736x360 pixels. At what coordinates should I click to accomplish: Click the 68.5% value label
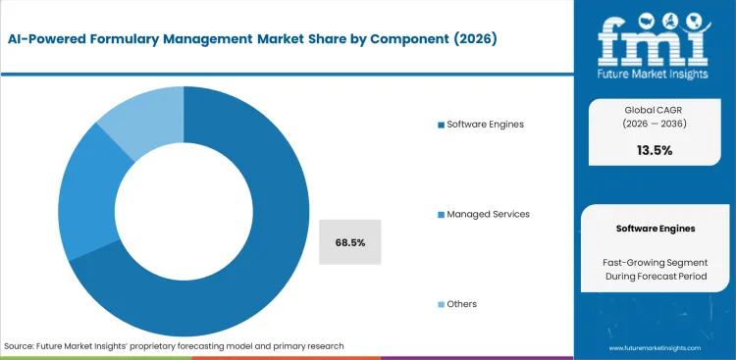point(351,241)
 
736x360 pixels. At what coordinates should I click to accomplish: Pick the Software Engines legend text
point(487,124)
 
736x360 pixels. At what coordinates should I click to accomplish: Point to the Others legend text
point(461,304)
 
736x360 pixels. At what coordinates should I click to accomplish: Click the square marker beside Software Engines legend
point(441,124)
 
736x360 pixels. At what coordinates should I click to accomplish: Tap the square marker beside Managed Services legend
point(441,214)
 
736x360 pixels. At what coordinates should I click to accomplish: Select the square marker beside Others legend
point(441,304)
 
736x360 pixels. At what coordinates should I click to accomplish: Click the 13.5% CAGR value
point(655,150)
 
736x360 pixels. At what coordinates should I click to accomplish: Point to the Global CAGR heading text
point(655,108)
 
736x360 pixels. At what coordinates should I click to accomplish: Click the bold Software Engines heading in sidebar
point(655,228)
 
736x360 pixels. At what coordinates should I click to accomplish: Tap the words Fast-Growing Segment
point(655,262)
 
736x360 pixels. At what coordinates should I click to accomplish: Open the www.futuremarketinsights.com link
point(655,348)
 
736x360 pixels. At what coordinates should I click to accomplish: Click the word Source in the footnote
point(20,346)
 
